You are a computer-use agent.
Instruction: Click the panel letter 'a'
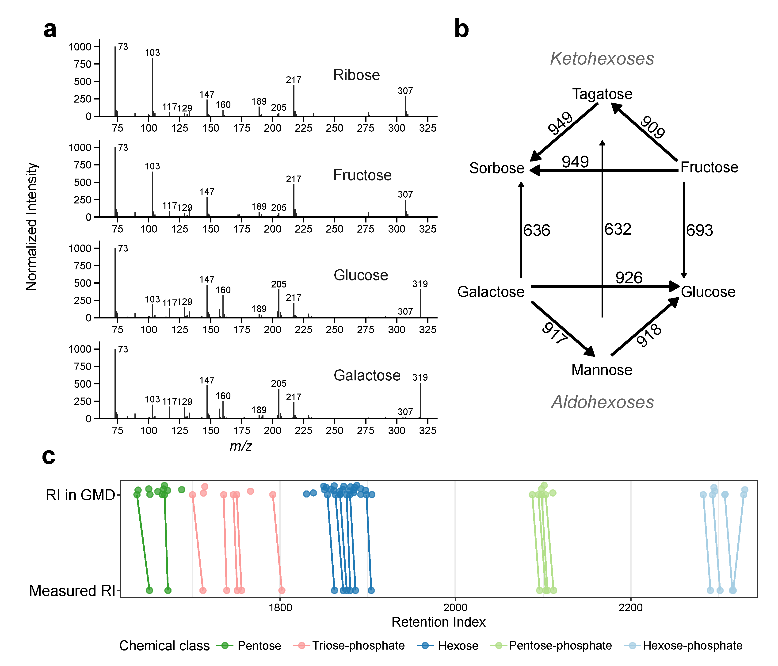[50, 30]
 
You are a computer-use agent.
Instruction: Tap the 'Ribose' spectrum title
[356, 75]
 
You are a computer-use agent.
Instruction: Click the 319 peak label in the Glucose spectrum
[420, 284]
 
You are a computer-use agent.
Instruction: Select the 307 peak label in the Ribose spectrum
[405, 91]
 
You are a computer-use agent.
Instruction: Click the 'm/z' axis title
[241, 446]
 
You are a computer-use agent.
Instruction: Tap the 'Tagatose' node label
[602, 94]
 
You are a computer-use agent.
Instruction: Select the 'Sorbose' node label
[496, 168]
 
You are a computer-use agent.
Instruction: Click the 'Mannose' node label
[602, 370]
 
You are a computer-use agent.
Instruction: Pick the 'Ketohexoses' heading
[602, 59]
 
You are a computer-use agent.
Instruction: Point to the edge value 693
[699, 230]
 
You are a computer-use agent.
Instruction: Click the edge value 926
[629, 278]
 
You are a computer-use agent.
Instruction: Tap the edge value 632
[618, 229]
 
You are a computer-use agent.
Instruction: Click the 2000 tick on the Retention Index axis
[455, 607]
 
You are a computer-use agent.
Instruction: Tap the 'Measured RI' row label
[72, 591]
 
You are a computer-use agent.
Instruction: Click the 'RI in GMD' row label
[80, 495]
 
